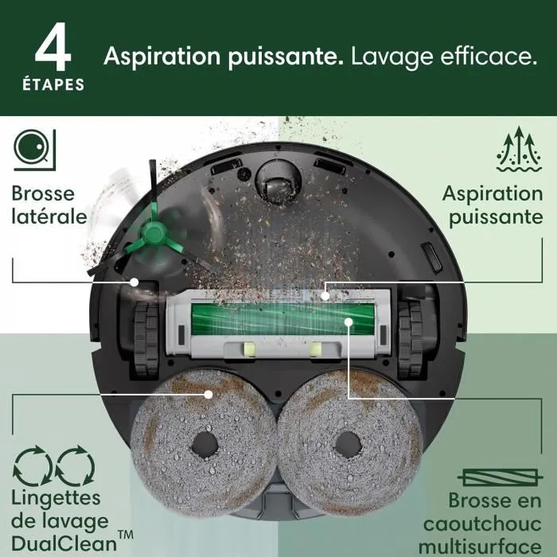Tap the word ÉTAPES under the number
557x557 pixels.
pyautogui.click(x=52, y=84)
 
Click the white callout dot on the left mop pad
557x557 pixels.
pyautogui.click(x=208, y=393)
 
